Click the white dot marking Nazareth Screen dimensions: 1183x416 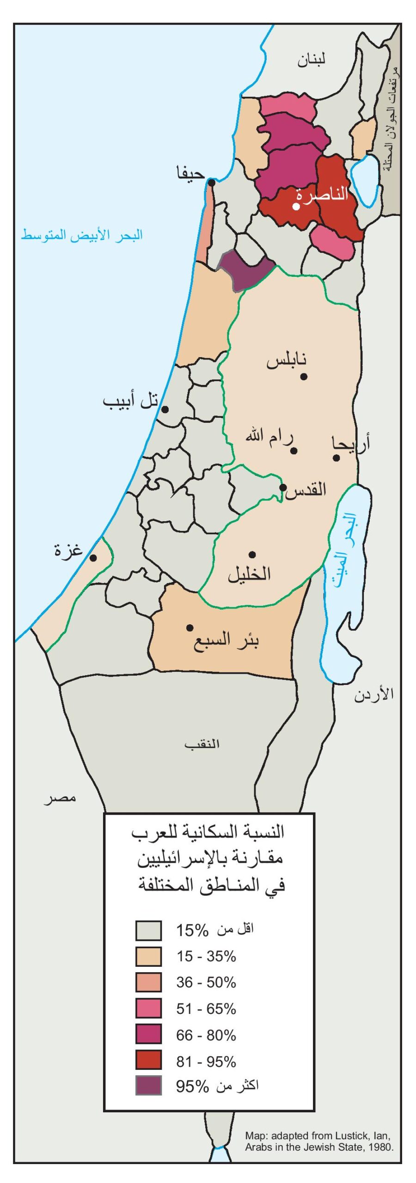pyautogui.click(x=296, y=207)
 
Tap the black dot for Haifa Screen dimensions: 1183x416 pyautogui.click(x=212, y=183)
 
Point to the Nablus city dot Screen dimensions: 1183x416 pyautogui.click(x=304, y=377)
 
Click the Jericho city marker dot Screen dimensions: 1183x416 pyautogui.click(x=336, y=458)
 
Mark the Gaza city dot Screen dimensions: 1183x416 pyautogui.click(x=93, y=558)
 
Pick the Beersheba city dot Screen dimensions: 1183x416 pyautogui.click(x=190, y=628)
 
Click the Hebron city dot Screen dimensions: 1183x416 pyautogui.click(x=252, y=555)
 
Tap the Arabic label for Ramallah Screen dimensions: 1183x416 pyautogui.click(x=269, y=436)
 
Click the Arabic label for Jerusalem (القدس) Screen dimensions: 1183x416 pyautogui.click(x=306, y=489)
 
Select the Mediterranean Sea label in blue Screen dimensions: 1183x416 pyautogui.click(x=82, y=235)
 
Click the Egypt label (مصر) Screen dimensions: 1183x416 pyautogui.click(x=60, y=798)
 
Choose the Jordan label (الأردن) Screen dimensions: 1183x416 pyautogui.click(x=374, y=694)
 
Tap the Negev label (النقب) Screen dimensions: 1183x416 pyautogui.click(x=202, y=744)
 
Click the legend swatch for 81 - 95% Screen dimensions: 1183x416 pyautogui.click(x=148, y=1060)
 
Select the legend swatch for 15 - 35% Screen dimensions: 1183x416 pyautogui.click(x=148, y=956)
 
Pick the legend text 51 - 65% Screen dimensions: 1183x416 pyautogui.click(x=206, y=1008)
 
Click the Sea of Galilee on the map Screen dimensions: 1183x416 pyautogui.click(x=366, y=180)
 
